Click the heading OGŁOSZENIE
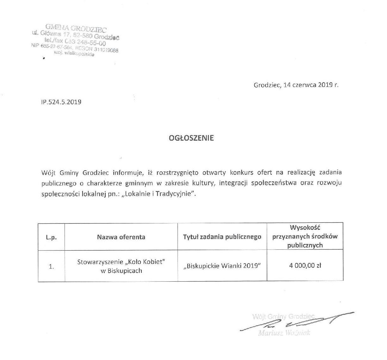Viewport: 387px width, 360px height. click(191, 138)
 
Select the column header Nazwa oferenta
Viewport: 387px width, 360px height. click(121, 237)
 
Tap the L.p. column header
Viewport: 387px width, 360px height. click(51, 237)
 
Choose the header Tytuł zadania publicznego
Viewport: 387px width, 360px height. click(222, 237)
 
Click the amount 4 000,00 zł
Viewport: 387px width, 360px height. click(305, 266)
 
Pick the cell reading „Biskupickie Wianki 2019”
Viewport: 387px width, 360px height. click(222, 266)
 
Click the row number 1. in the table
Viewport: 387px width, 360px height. click(51, 266)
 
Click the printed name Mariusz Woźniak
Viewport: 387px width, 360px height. click(284, 333)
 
